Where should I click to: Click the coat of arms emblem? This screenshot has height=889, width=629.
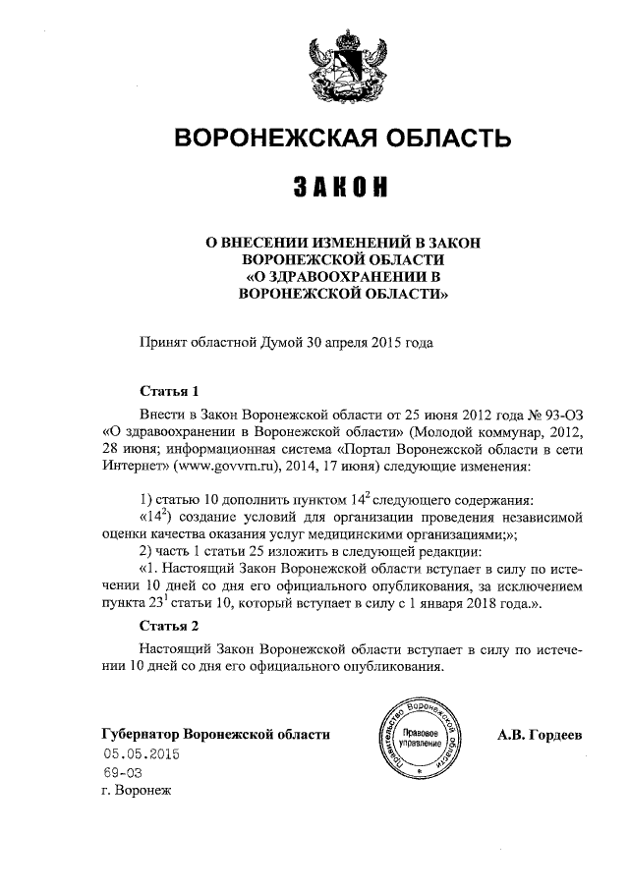coord(341,68)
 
